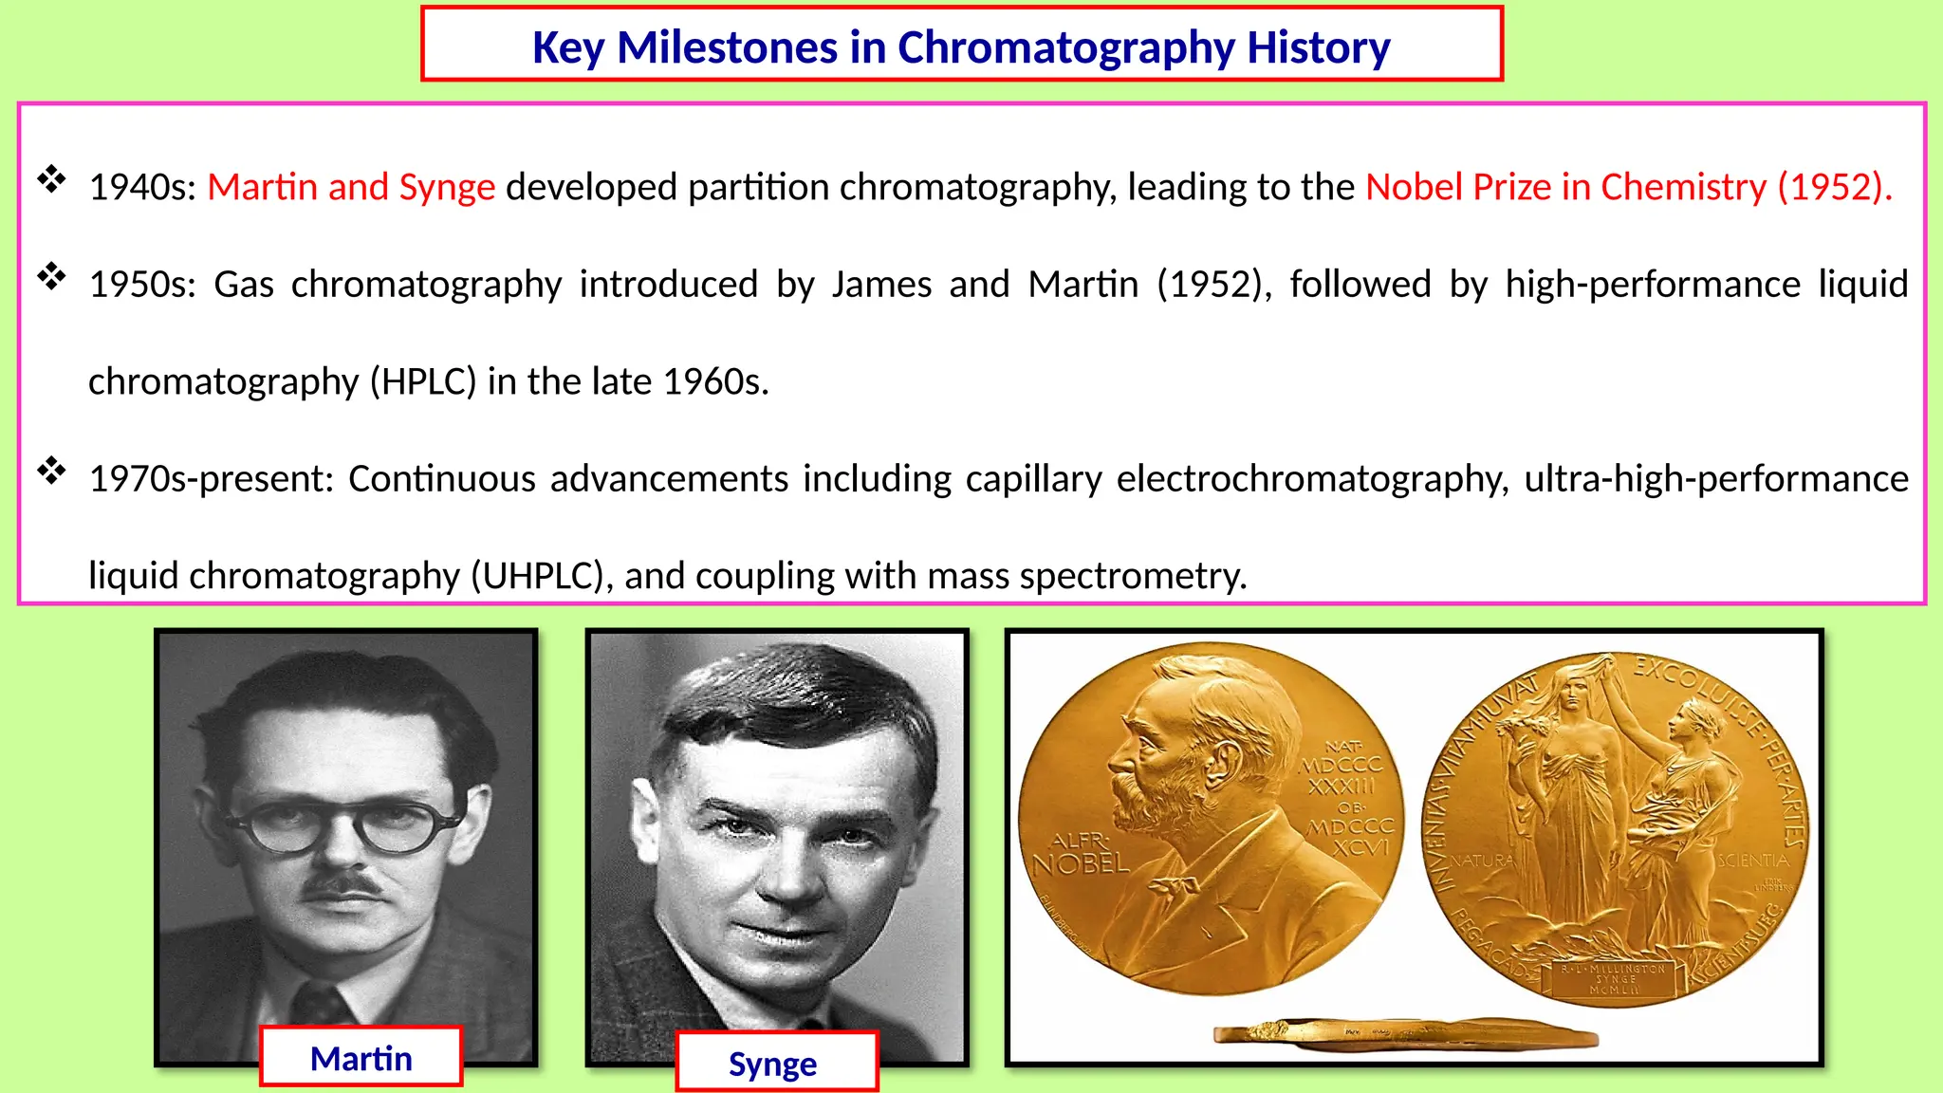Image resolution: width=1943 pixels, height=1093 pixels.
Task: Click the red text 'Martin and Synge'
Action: coord(351,187)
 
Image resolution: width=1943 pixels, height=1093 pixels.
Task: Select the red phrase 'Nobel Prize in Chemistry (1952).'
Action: coord(1628,187)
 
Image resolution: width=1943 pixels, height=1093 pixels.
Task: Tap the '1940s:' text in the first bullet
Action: coord(142,188)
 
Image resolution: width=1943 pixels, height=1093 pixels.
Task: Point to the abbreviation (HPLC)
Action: coord(423,381)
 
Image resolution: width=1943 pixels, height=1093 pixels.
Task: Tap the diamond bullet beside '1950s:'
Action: coord(51,277)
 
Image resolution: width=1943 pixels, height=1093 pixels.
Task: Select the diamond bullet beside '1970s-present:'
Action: coord(51,471)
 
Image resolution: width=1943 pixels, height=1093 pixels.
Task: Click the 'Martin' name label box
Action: coord(361,1058)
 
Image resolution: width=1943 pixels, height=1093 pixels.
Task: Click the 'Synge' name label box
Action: coord(773,1064)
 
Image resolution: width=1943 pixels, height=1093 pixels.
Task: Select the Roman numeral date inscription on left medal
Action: coord(1342,797)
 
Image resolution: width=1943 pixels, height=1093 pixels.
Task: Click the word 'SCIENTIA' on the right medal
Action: coord(1753,861)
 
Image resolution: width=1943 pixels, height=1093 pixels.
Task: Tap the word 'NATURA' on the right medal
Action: coord(1482,861)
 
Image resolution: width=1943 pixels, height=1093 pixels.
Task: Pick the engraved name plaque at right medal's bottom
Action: coord(1614,979)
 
